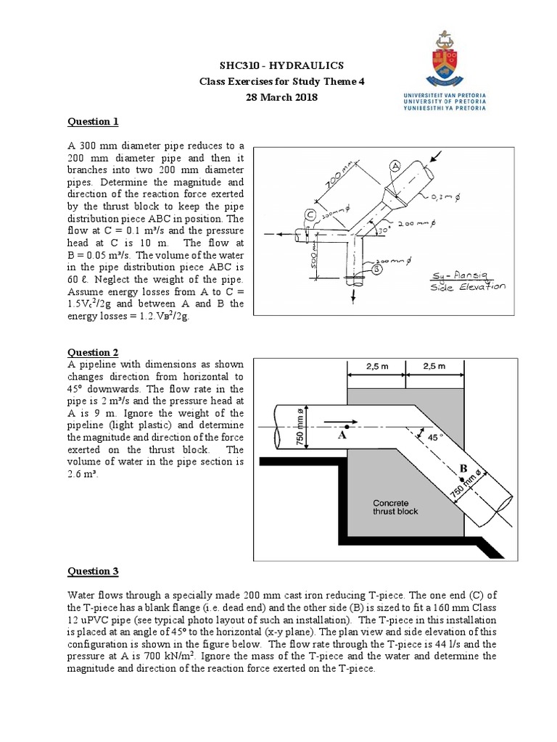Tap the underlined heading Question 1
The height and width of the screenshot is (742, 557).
tap(92, 121)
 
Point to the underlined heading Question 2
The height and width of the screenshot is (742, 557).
tap(92, 352)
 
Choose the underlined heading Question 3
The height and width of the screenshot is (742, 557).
tap(92, 571)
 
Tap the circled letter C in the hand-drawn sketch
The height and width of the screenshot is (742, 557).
tap(310, 214)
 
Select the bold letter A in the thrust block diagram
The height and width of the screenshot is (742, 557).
tap(342, 436)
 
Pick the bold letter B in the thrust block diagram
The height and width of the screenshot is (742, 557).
tap(462, 469)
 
